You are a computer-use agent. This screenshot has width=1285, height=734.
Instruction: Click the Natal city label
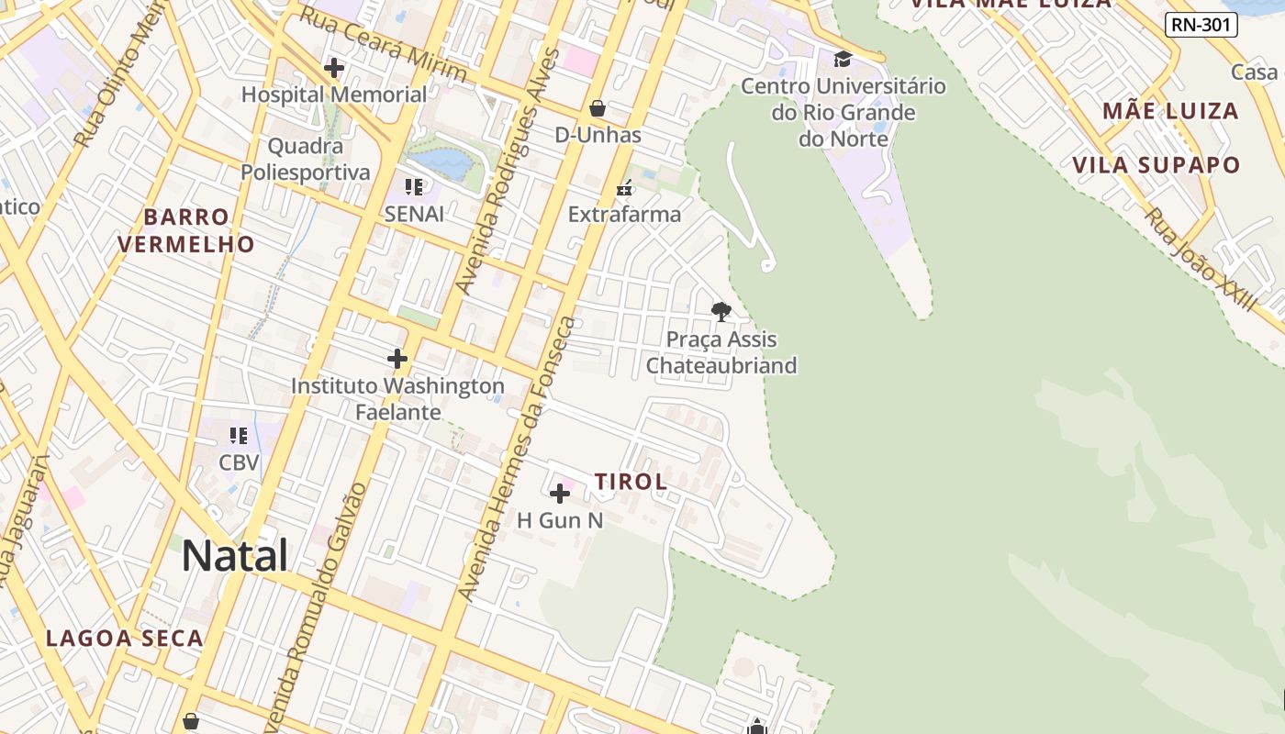234,556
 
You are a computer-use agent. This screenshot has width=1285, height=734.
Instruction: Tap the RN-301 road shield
1201,25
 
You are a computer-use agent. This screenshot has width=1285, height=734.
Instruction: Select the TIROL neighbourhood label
631,482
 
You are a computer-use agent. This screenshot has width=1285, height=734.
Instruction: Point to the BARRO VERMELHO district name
186,230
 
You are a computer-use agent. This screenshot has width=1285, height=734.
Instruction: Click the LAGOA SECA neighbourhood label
124,639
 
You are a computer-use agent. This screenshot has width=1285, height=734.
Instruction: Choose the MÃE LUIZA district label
1170,112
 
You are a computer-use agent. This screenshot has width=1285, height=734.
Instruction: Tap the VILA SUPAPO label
1156,165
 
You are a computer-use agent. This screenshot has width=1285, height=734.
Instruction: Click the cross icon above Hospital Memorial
334,67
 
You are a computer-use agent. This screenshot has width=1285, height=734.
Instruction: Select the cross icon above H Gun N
559,495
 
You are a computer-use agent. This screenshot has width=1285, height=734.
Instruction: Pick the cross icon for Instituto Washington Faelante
397,359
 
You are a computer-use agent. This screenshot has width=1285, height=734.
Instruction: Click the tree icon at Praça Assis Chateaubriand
721,311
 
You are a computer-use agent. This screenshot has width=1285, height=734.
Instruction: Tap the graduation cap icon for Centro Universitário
842,60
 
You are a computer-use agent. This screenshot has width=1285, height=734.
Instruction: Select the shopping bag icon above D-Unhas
598,108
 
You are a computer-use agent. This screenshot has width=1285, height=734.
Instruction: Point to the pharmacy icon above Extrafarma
625,188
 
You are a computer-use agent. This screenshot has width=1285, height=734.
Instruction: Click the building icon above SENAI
414,187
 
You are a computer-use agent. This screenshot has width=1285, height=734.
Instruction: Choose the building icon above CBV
239,436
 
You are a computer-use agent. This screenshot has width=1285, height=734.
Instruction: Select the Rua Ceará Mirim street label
384,43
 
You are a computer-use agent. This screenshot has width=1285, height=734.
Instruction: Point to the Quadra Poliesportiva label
306,159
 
